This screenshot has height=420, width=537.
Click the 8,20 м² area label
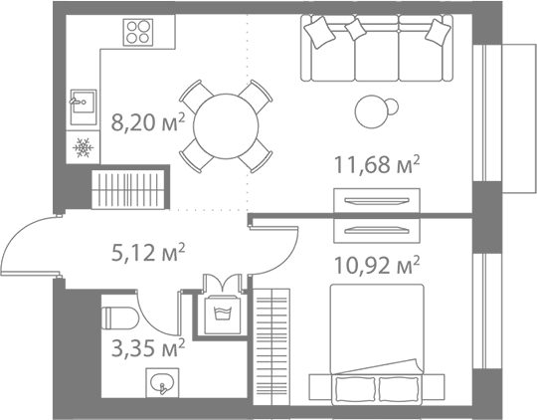(148, 122)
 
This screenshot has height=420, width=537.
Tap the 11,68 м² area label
(377, 164)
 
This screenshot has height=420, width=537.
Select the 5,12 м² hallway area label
(148, 253)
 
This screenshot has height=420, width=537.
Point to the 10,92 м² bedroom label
(377, 265)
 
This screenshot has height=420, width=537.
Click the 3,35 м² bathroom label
(148, 347)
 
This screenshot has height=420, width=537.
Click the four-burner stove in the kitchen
(138, 32)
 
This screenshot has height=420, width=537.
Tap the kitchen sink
(84, 102)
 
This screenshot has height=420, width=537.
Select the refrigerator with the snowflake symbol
(83, 147)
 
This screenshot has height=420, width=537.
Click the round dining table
(226, 126)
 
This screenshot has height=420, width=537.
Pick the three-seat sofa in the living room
(377, 48)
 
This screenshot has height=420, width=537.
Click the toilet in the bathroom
(120, 317)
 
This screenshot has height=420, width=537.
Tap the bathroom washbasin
(162, 383)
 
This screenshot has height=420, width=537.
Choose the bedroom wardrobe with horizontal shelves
(271, 347)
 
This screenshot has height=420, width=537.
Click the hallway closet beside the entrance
(128, 190)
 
